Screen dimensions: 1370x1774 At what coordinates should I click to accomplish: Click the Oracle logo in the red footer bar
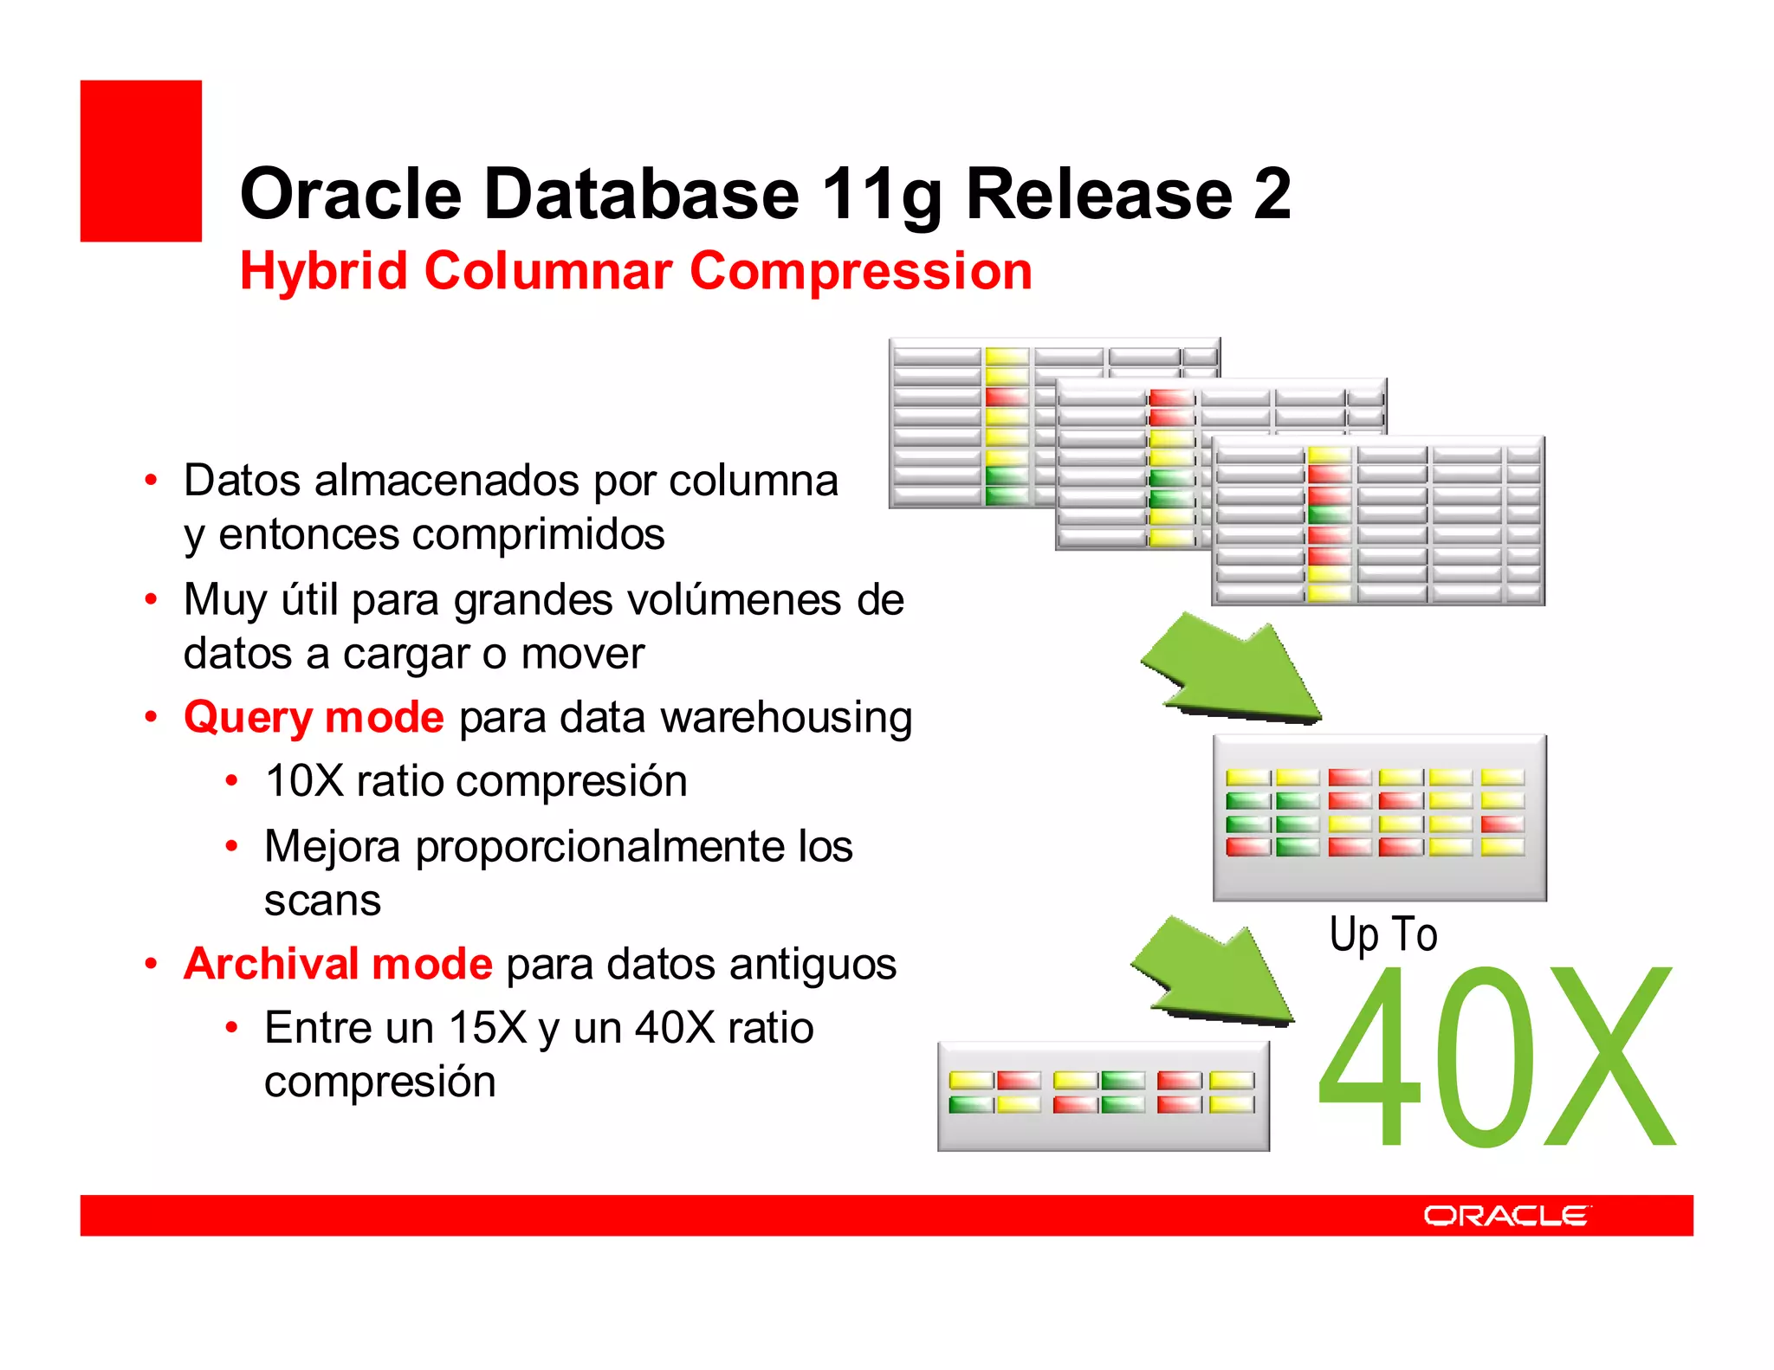point(1505,1215)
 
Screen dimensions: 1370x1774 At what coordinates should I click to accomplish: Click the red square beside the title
point(140,160)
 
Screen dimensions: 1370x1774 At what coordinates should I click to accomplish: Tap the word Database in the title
point(641,194)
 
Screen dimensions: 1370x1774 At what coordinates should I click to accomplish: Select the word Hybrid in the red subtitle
point(323,272)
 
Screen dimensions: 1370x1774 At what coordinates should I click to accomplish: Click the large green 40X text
point(1495,1058)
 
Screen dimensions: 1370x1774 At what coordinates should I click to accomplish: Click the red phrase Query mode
point(314,718)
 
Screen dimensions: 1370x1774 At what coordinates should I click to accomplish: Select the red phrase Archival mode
point(338,964)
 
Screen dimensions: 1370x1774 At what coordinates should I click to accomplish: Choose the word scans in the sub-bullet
point(322,901)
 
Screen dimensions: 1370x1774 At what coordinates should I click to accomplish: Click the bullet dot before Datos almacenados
point(152,481)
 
